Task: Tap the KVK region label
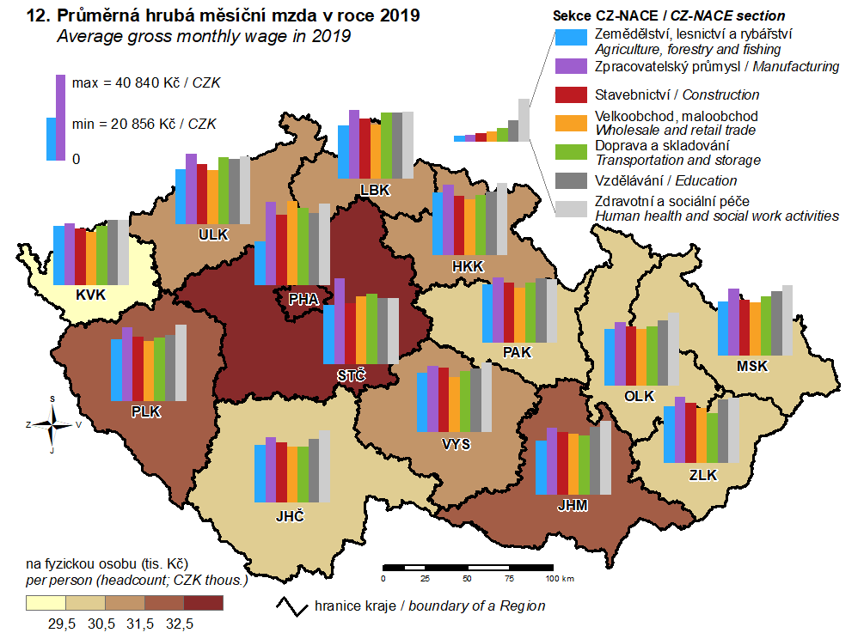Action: [90, 295]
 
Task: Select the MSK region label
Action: [751, 366]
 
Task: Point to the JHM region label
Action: [572, 506]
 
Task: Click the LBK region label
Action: [376, 189]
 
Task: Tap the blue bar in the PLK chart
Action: [116, 370]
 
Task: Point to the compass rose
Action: [53, 424]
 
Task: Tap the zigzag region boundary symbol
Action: [292, 605]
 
